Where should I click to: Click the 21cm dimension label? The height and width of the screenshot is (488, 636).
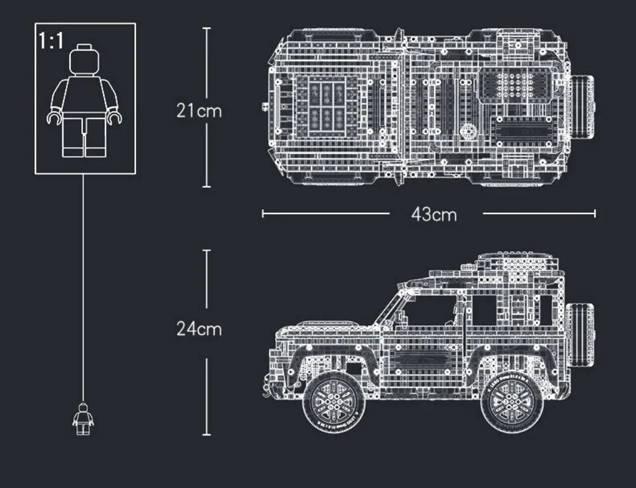(x=199, y=111)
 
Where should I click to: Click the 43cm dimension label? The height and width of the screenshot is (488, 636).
(x=434, y=214)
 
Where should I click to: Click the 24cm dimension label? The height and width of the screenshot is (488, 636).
(x=199, y=329)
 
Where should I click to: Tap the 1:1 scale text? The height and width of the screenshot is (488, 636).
(x=51, y=41)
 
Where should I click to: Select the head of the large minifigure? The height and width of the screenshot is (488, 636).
(x=85, y=59)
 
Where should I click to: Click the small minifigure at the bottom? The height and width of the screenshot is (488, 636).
(x=83, y=418)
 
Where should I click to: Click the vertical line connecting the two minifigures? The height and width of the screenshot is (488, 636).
(x=83, y=287)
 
